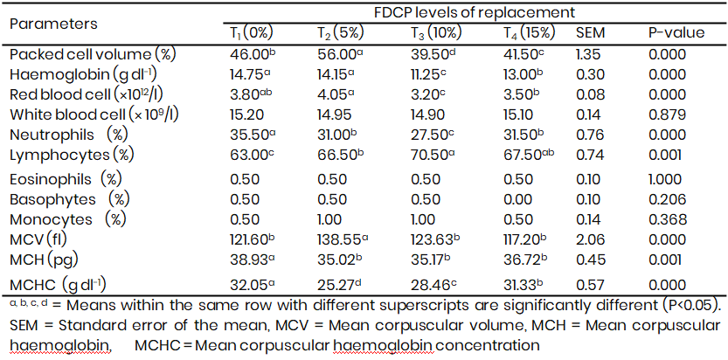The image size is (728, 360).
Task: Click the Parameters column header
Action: tap(53, 23)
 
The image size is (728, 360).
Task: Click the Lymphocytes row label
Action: tap(72, 155)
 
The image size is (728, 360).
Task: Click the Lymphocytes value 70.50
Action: tap(434, 155)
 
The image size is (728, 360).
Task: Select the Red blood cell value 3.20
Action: tap(430, 94)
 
